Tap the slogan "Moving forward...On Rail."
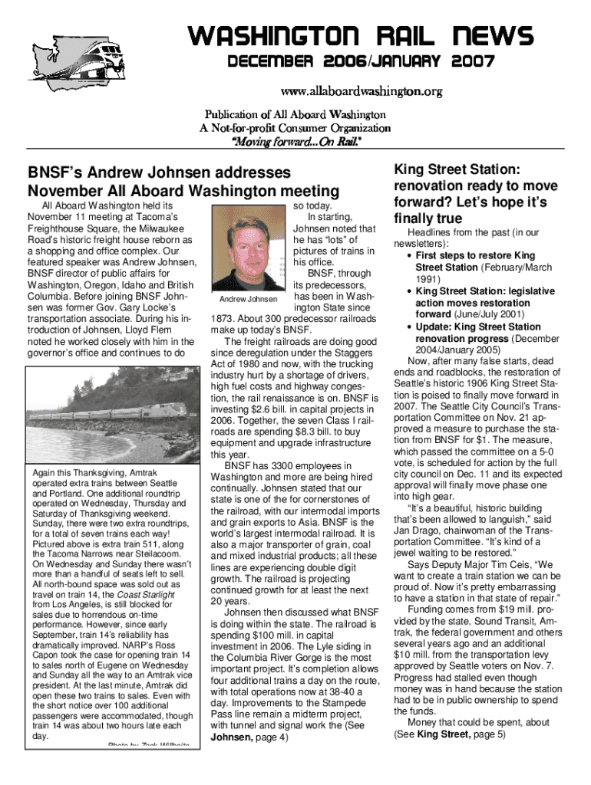297,142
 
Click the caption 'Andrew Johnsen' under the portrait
248,298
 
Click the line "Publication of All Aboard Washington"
297,114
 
